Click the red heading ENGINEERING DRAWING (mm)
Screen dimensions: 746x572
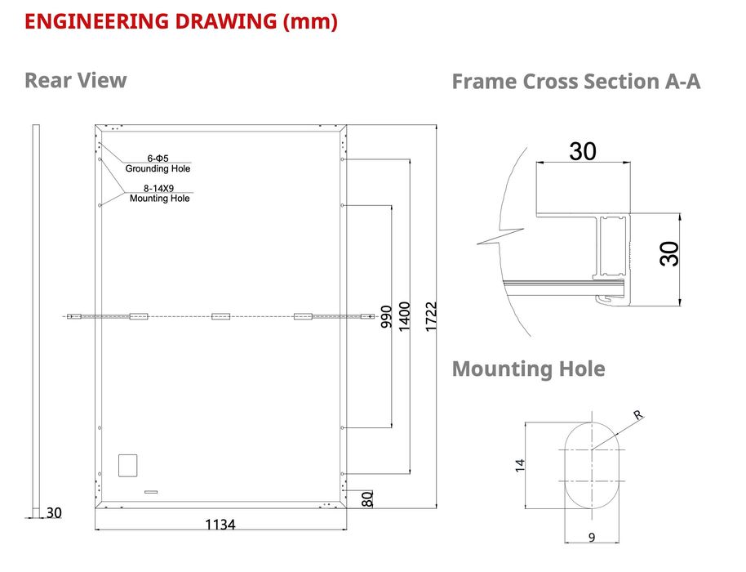pos(181,22)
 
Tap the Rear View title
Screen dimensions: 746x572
pos(76,80)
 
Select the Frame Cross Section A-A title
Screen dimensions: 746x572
pos(575,82)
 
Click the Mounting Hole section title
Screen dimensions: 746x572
pos(528,369)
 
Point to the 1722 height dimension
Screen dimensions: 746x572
pos(431,316)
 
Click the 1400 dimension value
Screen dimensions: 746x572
pos(404,317)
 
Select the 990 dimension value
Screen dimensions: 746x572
pos(386,317)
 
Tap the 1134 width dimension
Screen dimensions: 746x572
pos(220,525)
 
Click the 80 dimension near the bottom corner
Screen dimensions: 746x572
pos(367,499)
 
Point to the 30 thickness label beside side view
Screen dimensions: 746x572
pos(54,513)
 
